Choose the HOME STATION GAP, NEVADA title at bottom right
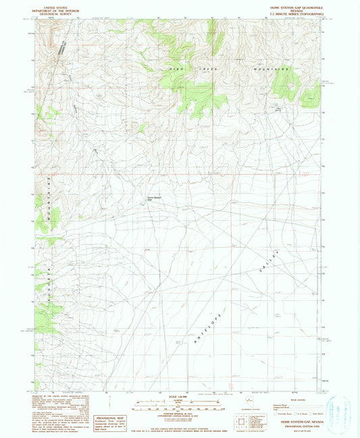pyautogui.click(x=295, y=420)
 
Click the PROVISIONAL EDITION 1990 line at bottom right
pyautogui.click(x=295, y=425)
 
